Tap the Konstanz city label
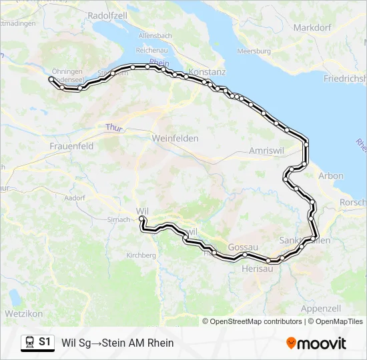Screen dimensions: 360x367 208,72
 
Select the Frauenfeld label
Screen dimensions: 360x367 71,145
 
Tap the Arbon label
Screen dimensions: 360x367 332,176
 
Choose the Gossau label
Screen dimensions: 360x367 243,247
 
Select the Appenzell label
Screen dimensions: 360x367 321,308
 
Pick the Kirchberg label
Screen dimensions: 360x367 141,255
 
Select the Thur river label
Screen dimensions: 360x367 114,127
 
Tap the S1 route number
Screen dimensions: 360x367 45,342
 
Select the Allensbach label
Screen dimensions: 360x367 155,35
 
